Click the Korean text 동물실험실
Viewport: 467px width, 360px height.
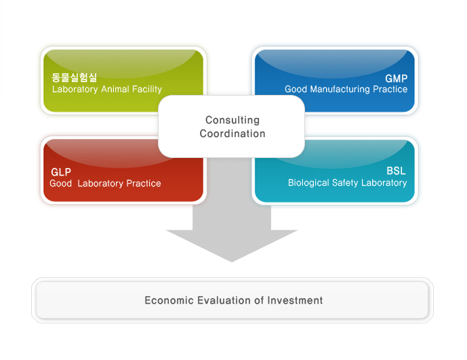click(74, 78)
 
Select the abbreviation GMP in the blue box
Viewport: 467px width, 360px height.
click(397, 79)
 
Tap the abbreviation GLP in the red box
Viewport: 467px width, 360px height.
click(61, 172)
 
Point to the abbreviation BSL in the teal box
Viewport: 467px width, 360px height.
click(397, 172)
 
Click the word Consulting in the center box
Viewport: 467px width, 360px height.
click(232, 120)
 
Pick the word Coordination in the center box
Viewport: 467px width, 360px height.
click(232, 134)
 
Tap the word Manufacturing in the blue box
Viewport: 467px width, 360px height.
click(340, 89)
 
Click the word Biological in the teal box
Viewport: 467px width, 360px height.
click(308, 182)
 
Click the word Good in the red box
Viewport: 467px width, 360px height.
click(61, 183)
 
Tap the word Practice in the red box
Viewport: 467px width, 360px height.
click(144, 183)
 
